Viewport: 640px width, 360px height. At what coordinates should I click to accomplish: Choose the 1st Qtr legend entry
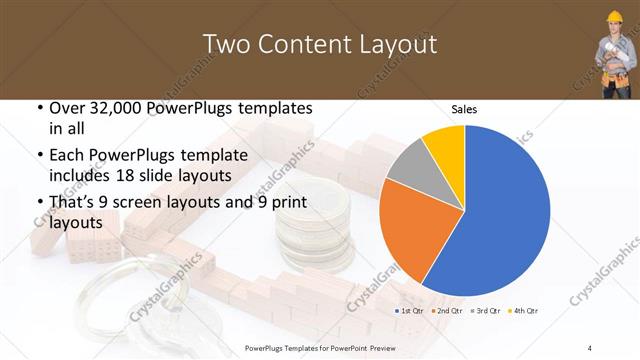pyautogui.click(x=409, y=311)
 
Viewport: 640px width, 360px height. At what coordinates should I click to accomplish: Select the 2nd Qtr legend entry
pyautogui.click(x=446, y=311)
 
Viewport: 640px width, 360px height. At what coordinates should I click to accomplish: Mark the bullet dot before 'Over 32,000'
pyautogui.click(x=38, y=109)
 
